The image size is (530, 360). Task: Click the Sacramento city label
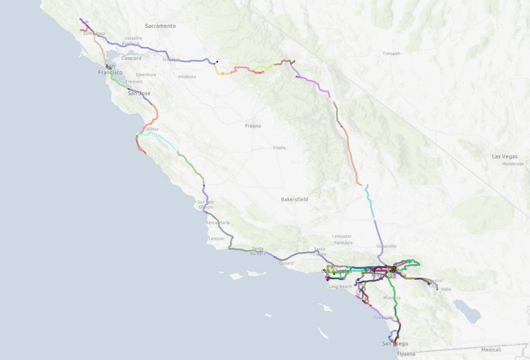[160, 26]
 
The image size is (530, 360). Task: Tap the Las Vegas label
[511, 157]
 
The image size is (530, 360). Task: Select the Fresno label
[253, 126]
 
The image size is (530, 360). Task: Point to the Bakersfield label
[295, 199]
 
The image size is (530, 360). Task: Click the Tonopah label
[392, 53]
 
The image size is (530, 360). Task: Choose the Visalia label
[279, 148]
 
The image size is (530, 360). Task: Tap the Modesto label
[187, 77]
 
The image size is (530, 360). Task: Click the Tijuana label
[406, 354]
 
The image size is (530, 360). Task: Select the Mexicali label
[491, 350]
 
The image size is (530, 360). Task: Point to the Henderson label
[513, 164]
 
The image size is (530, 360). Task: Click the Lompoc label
[216, 239]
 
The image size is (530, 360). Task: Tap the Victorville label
[386, 246]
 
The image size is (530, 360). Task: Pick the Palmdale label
[343, 243]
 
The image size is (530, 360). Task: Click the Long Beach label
[340, 287]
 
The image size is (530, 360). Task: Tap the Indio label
[447, 289]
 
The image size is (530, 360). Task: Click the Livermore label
[146, 75]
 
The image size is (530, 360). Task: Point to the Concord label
[131, 58]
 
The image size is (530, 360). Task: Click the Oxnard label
[286, 263]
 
